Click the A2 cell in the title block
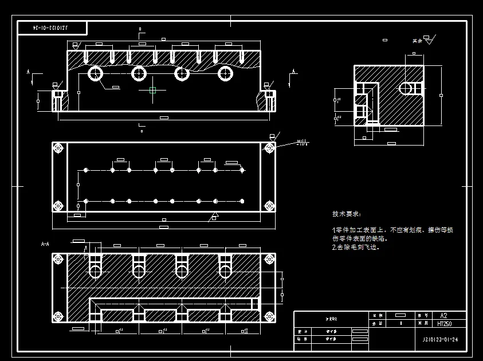443,315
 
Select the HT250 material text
443,323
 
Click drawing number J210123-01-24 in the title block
437,340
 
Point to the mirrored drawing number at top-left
51,27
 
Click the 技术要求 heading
346,214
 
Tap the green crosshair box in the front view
152,90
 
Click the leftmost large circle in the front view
95,73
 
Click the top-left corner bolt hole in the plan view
58,148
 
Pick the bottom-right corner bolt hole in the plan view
269,206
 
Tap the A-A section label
45,244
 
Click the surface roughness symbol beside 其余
427,40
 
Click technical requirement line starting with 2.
355,248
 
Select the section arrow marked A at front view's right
294,73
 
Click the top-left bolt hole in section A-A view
58,259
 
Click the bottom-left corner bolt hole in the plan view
58,206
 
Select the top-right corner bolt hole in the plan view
269,148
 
